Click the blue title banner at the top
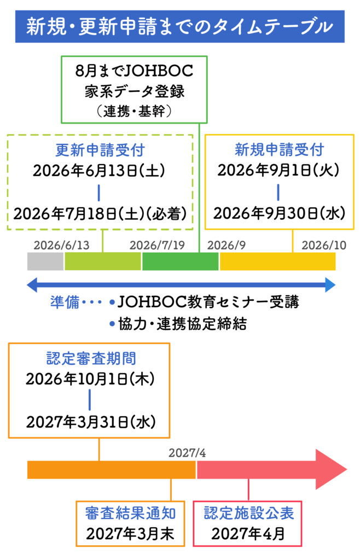pos(179,26)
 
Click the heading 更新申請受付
pos(100,150)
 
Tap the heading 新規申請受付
pos(279,149)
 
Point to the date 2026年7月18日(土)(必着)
pos(100,213)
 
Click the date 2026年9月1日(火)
pos(279,170)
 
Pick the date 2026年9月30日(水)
pos(279,213)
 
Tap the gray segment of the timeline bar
pos(45,262)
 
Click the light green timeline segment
pos(103,262)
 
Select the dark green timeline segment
pos(181,262)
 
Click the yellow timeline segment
pos(277,262)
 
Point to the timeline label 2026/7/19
pos(157,244)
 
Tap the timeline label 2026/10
pos(324,244)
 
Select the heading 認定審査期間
pos(89,359)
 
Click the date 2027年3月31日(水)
pos(90,422)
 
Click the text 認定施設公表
pos(248,513)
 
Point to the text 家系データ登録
pos(135,91)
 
